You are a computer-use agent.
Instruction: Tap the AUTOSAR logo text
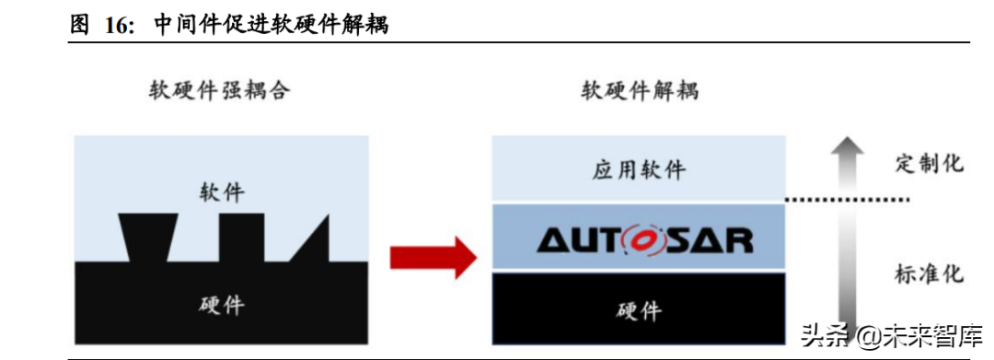[x=645, y=239]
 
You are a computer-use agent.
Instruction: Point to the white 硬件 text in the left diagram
[x=223, y=305]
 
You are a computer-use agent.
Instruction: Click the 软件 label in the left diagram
[x=223, y=192]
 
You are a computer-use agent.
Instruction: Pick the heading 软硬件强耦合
[x=221, y=90]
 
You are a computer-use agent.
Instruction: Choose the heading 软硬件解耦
[x=640, y=90]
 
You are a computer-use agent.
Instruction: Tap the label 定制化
[x=929, y=164]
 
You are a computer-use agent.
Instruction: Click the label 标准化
[x=929, y=274]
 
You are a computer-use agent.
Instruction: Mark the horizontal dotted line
[x=847, y=200]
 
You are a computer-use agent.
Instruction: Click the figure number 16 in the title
[x=116, y=25]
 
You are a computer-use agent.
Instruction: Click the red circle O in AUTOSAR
[x=645, y=239]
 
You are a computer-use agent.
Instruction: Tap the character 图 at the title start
[x=80, y=25]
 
